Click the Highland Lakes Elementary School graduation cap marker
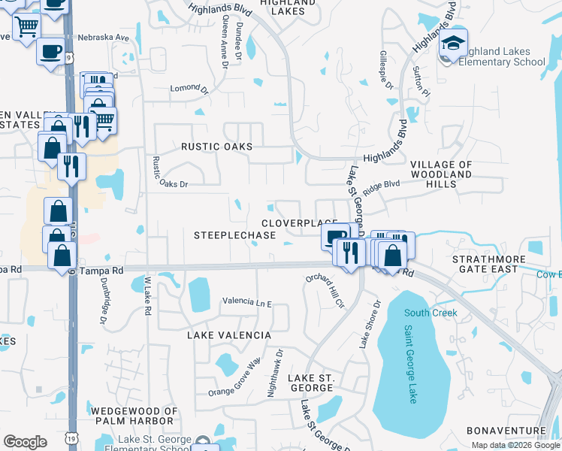[453, 43]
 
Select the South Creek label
[425, 313]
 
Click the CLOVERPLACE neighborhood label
[298, 223]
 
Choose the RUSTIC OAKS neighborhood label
[216, 147]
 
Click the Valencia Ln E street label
[246, 301]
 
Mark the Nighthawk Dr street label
[274, 373]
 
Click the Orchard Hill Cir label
[324, 292]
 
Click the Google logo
[25, 442]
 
